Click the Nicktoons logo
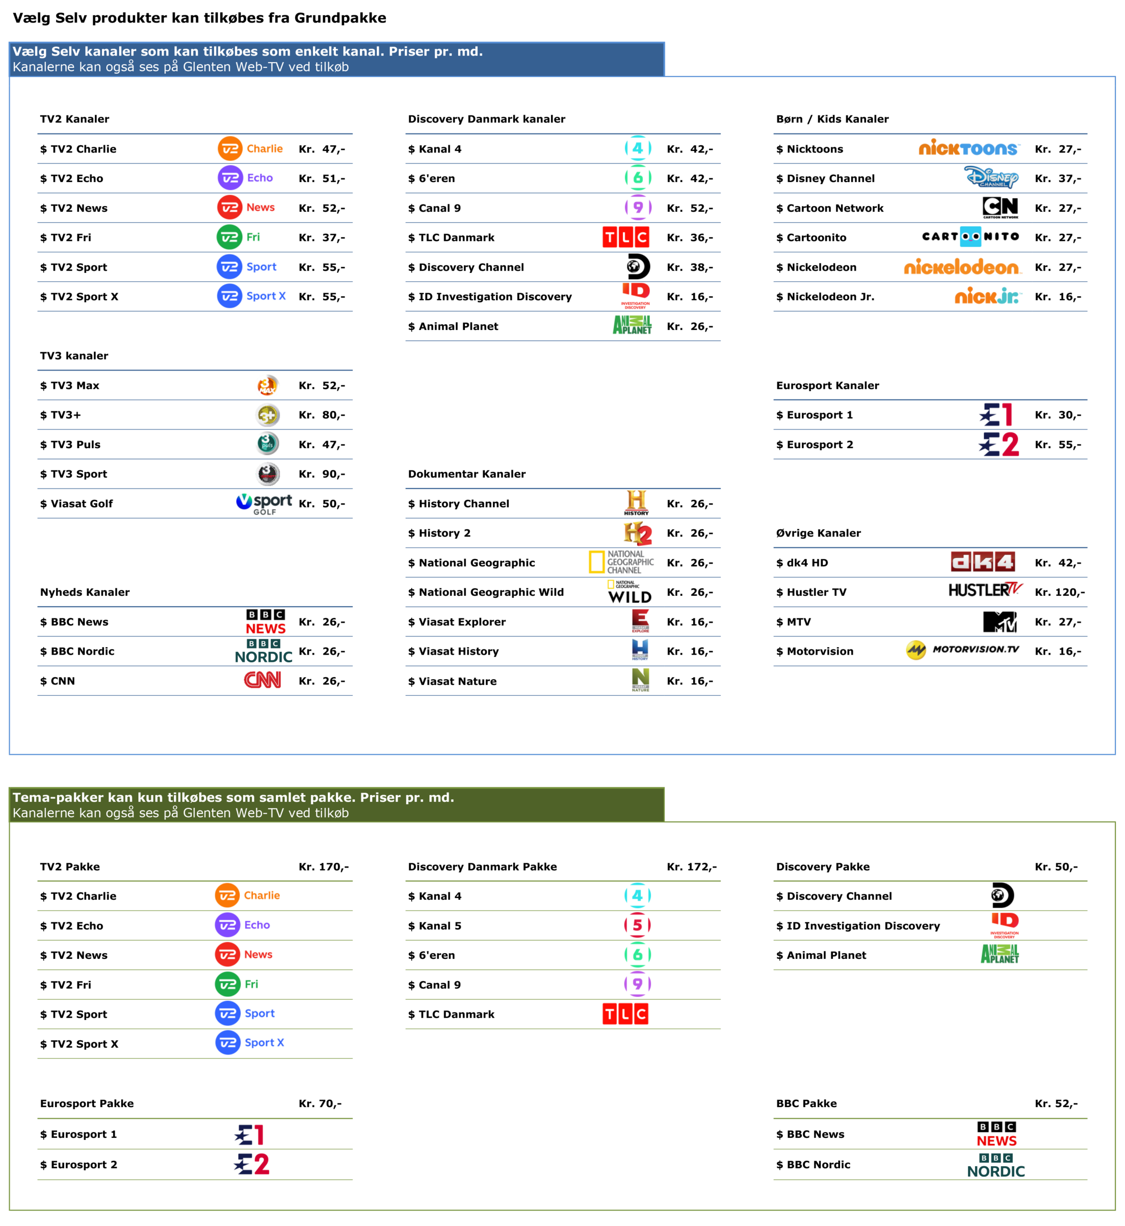pos(969,148)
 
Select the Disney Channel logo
pos(991,177)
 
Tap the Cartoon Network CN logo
pos(1001,206)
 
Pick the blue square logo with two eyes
pos(970,236)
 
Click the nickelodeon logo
pos(962,267)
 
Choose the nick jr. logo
pos(988,296)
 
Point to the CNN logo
pos(262,680)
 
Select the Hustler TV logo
pos(985,590)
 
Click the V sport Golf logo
pos(264,503)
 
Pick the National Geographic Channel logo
pos(621,562)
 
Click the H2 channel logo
pos(637,533)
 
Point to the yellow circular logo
pos(916,650)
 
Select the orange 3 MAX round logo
pos(267,386)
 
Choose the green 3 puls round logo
pos(267,443)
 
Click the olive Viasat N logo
pos(641,680)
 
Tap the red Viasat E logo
pos(641,621)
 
